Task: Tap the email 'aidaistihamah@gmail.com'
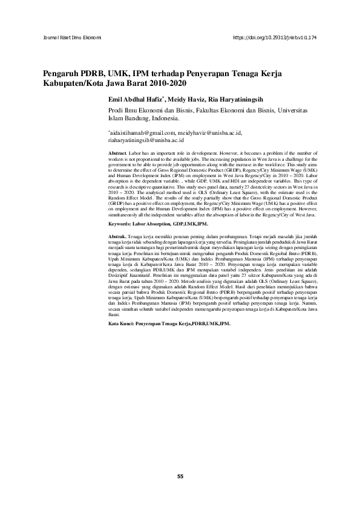pos(141,132)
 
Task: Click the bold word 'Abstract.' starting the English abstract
pos(117,155)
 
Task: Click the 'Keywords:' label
pos(121,224)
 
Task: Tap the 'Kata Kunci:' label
pos(120,323)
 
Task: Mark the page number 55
pos(180,477)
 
